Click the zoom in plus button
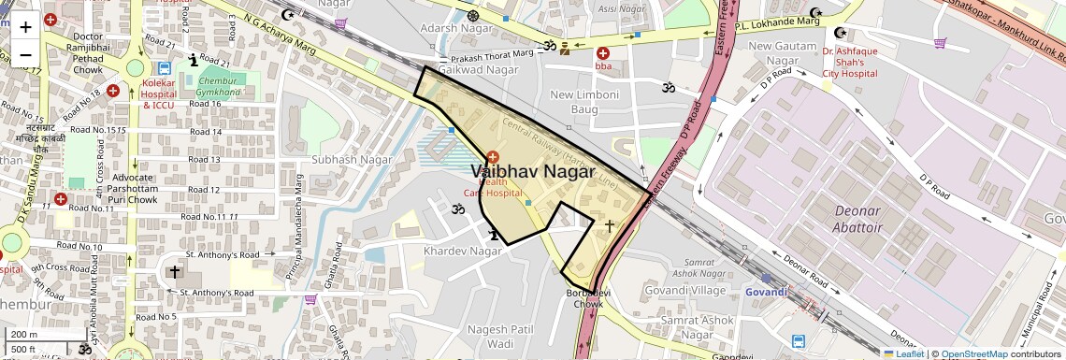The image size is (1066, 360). coord(25,26)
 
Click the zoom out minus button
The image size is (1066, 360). coord(25,54)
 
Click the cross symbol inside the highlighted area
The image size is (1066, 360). coord(610,225)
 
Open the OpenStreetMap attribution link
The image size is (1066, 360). coord(973,353)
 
